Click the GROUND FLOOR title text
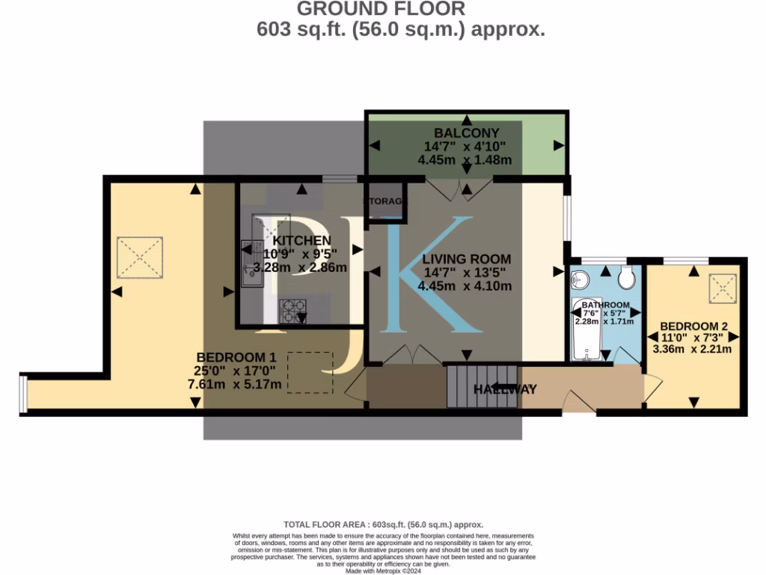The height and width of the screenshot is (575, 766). point(382,9)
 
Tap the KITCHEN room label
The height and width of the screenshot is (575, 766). point(301,240)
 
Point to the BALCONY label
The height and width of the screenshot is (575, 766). point(466,133)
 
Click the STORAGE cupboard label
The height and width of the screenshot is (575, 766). point(386,201)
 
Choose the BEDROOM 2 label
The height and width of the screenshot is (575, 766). point(693,326)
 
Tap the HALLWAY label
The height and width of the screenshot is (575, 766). point(505,389)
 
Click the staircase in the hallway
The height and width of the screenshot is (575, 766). point(482,386)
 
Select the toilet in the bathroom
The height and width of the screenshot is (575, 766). point(627,279)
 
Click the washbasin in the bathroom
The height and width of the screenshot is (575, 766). point(579,280)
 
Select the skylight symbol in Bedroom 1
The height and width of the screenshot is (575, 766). point(140,256)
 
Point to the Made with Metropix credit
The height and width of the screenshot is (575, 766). point(384,571)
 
